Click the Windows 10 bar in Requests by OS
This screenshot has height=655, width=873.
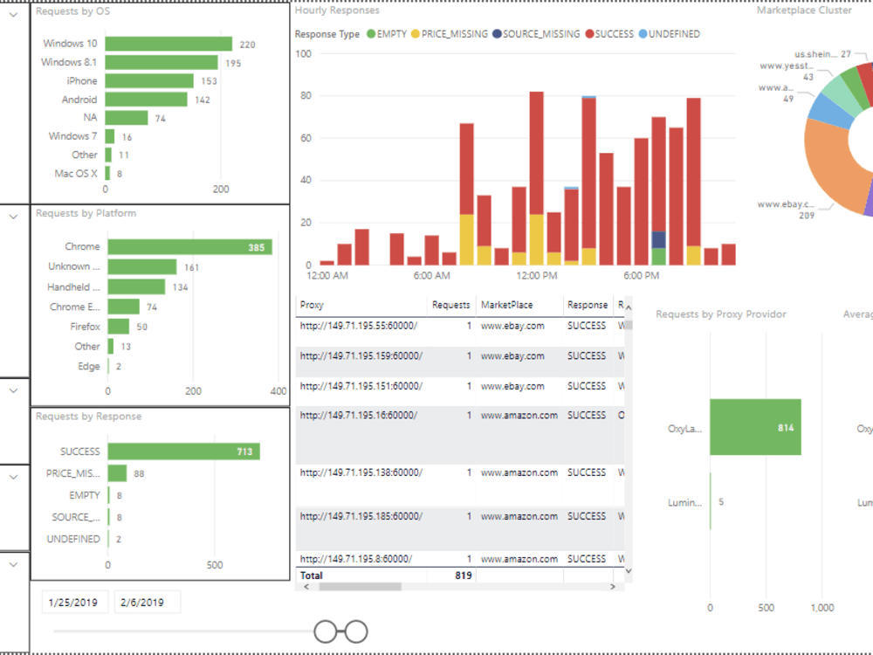(x=168, y=44)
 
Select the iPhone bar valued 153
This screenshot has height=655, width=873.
(x=149, y=80)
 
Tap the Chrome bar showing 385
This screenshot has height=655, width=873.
(x=189, y=247)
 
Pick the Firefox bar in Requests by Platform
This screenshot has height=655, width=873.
(x=118, y=327)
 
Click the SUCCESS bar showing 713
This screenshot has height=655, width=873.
(x=183, y=452)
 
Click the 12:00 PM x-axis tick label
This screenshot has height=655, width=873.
(x=536, y=276)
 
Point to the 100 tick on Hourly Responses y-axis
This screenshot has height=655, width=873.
(x=304, y=53)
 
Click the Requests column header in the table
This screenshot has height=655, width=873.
(x=451, y=305)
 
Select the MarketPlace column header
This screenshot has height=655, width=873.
(x=506, y=305)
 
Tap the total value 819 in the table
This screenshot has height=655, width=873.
(x=462, y=576)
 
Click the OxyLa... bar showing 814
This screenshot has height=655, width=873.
(x=755, y=428)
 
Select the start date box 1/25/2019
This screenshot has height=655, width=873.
(x=73, y=603)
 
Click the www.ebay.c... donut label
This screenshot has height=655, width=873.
(x=786, y=204)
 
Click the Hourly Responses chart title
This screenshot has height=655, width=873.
(x=337, y=10)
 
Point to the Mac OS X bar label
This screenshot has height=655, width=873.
(x=76, y=174)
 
